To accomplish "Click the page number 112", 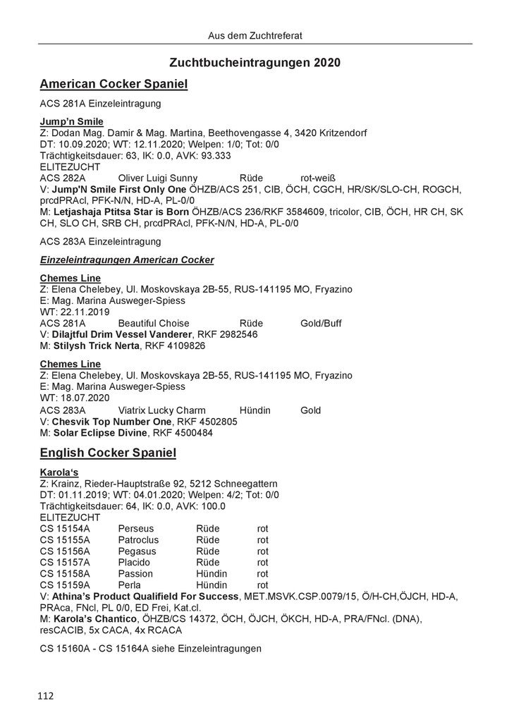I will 47,696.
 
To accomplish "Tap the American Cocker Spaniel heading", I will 114,85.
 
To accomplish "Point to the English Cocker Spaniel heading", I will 108,452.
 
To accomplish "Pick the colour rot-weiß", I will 321,178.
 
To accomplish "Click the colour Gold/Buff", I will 321,323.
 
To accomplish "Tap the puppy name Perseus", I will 137,527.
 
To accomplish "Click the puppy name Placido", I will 135,563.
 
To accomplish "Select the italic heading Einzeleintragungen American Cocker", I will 127,260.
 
